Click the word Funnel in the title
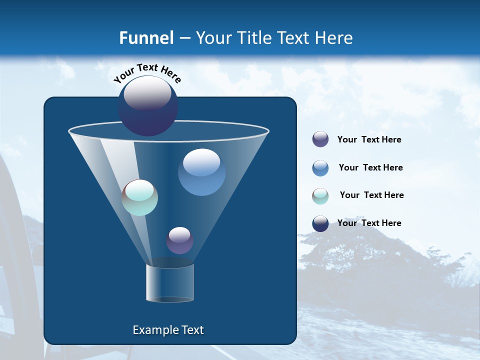(x=146, y=38)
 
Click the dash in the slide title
(x=184, y=38)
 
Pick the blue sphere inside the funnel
(x=201, y=172)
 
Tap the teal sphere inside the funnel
(x=140, y=197)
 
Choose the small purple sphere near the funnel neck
(x=179, y=240)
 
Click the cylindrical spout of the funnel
(x=169, y=283)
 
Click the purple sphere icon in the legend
(x=320, y=139)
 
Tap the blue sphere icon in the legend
(x=320, y=168)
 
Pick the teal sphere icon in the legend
(x=320, y=196)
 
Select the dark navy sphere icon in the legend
(x=320, y=223)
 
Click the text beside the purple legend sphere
(x=369, y=140)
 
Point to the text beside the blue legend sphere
(x=370, y=168)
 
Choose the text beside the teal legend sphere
(x=371, y=195)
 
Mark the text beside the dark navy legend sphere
(x=369, y=223)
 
